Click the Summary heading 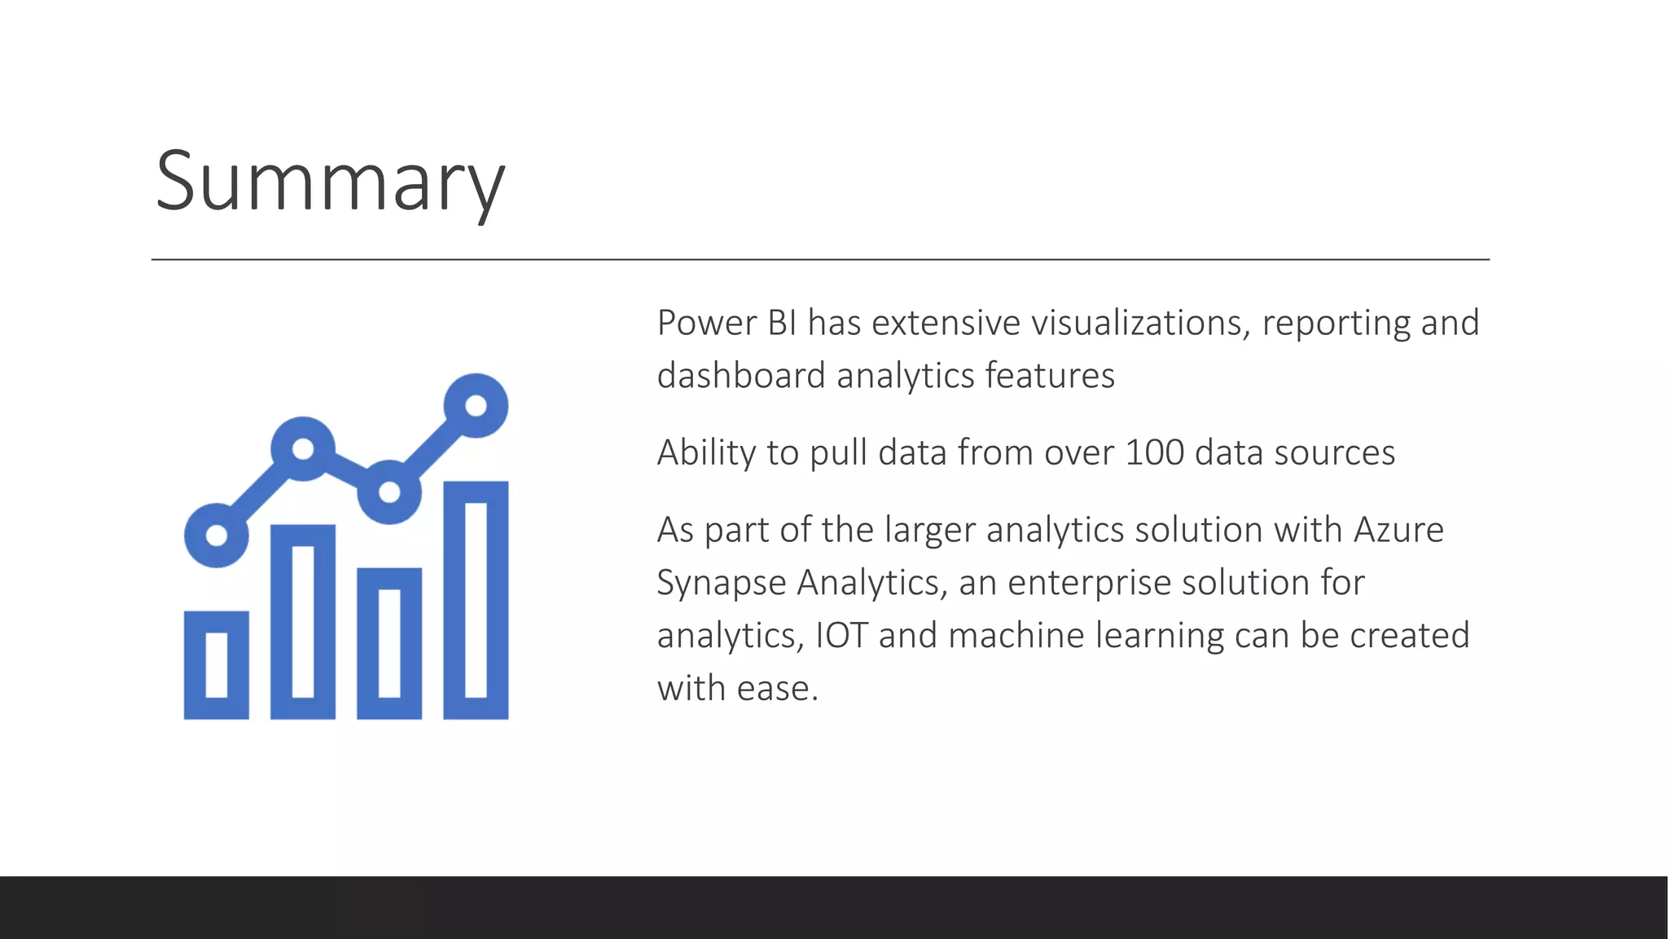click(x=330, y=182)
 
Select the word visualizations click(x=1136, y=324)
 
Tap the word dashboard click(x=741, y=377)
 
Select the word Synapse click(x=720, y=584)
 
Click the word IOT click(x=841, y=636)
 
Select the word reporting click(x=1336, y=324)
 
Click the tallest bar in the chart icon click(x=476, y=601)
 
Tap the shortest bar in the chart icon click(x=217, y=665)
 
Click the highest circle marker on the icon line click(x=476, y=405)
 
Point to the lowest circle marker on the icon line click(x=217, y=536)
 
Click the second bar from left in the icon click(x=303, y=622)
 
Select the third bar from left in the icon click(x=389, y=644)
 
